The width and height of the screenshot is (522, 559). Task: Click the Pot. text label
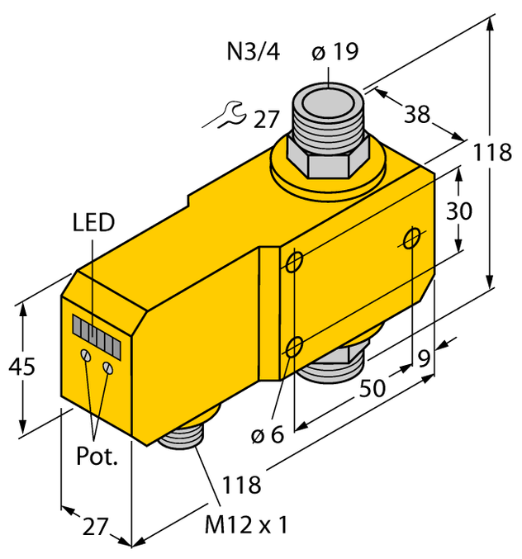click(x=97, y=457)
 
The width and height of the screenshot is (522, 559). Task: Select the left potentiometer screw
click(x=85, y=355)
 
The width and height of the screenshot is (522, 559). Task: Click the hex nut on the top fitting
click(x=328, y=159)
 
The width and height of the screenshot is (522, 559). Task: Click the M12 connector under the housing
click(x=187, y=431)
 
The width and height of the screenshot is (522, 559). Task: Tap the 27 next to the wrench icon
click(x=266, y=120)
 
